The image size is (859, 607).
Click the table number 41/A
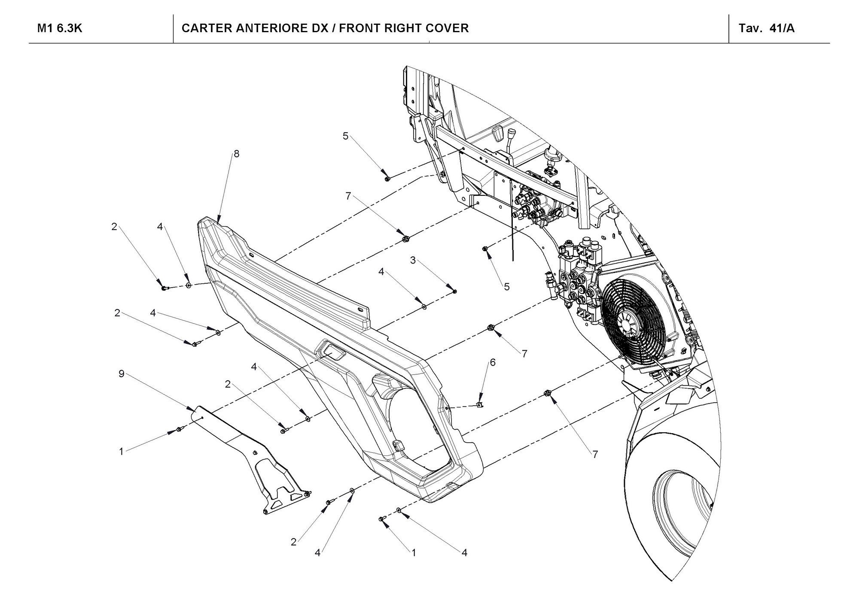782,28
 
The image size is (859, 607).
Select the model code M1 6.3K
60,28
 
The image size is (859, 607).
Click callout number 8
237,154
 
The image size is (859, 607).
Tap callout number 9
122,374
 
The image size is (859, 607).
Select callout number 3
413,260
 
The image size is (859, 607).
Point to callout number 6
493,362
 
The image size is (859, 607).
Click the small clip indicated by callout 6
480,404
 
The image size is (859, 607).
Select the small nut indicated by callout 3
455,291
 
